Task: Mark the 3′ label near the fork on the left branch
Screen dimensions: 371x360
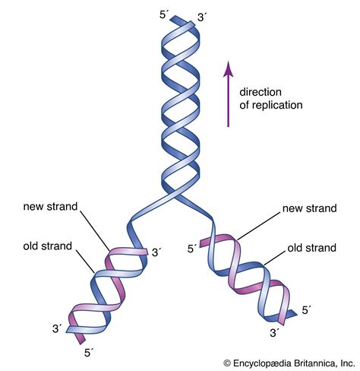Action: pos(156,252)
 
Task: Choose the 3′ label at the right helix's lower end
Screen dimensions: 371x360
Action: pos(275,332)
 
